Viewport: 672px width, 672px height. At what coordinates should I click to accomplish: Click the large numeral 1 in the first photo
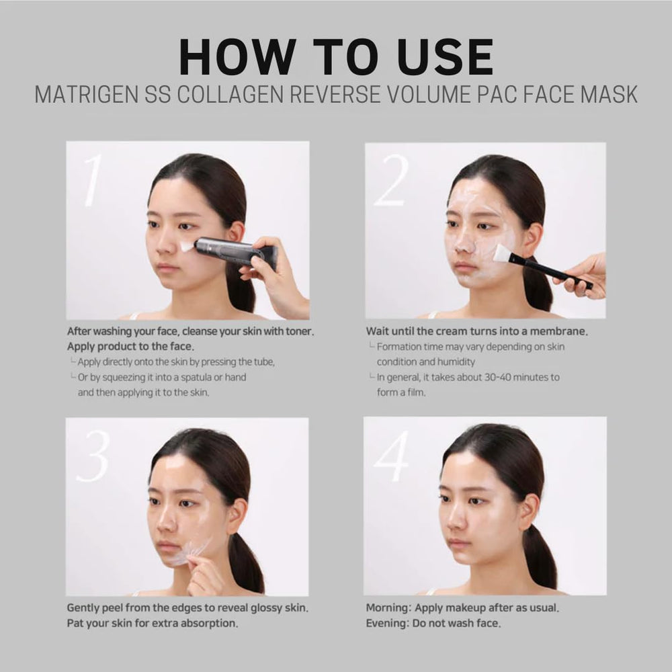coord(92,180)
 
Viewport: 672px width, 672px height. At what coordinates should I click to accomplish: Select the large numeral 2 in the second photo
coord(391,180)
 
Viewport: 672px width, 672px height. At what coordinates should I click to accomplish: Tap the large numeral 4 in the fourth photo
coord(391,456)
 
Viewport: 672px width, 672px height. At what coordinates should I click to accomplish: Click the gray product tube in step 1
coord(235,251)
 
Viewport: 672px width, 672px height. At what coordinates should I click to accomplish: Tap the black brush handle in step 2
coord(551,271)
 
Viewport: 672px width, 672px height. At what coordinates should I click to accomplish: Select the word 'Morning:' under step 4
coord(388,607)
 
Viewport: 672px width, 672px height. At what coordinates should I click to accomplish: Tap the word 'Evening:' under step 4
coord(388,623)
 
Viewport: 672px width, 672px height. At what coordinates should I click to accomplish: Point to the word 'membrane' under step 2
coord(559,331)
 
